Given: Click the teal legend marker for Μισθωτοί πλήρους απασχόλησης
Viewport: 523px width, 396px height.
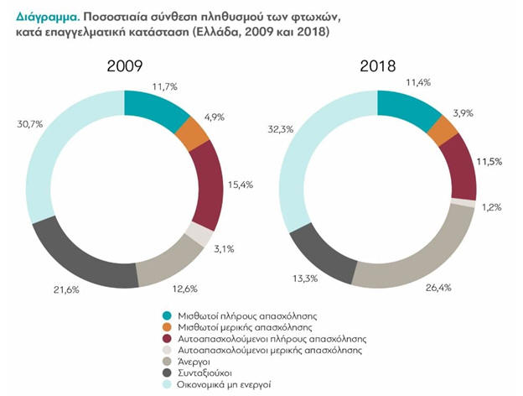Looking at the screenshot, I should [x=168, y=315].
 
